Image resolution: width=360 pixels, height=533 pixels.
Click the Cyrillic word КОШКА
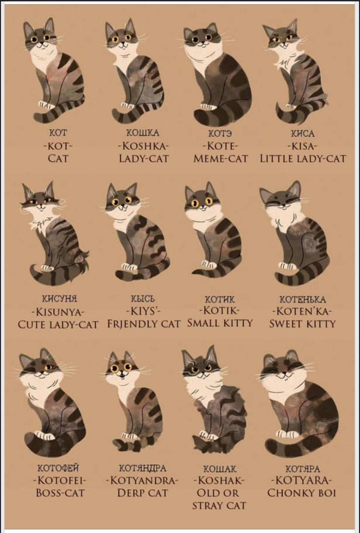point(142,133)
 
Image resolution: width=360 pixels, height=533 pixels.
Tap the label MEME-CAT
point(221,158)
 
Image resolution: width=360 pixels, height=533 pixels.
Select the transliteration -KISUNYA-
point(58,311)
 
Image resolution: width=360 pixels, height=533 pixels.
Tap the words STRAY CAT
point(219,505)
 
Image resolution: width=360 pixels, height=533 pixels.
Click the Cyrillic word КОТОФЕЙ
point(58,469)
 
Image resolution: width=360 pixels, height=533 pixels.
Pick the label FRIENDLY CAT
point(143,324)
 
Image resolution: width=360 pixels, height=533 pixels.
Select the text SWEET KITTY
point(302,324)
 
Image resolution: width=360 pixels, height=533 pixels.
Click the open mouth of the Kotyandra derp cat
point(122,377)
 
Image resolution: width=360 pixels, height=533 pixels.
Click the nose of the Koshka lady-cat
point(123,42)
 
